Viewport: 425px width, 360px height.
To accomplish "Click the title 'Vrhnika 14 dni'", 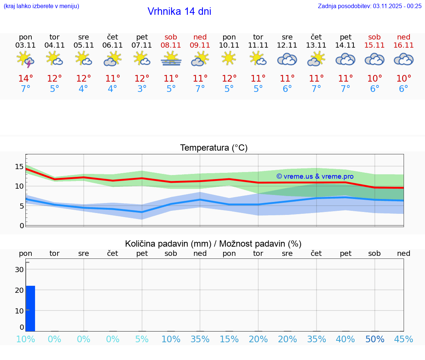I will click(x=179, y=11).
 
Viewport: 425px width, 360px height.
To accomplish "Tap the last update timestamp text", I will click(x=370, y=6).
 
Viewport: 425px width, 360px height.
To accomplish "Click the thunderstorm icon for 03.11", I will click(x=25, y=59).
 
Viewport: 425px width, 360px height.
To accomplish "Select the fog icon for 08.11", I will click(x=171, y=59).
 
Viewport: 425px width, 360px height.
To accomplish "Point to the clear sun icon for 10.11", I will click(x=229, y=58).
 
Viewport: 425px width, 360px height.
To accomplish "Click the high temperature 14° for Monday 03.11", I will click(x=25, y=79).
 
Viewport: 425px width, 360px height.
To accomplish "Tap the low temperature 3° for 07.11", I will click(x=142, y=89).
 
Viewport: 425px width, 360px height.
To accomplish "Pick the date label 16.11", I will click(x=404, y=45).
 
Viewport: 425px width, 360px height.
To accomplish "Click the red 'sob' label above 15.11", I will click(x=374, y=37).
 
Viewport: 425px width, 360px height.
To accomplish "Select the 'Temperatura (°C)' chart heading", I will click(x=214, y=148).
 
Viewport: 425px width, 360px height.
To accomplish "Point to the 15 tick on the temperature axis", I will click(x=19, y=167).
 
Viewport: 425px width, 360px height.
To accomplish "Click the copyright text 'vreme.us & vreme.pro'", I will click(x=315, y=176).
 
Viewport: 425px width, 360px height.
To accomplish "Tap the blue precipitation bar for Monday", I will click(x=30, y=308).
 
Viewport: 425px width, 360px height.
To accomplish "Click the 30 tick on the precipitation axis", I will click(x=19, y=270).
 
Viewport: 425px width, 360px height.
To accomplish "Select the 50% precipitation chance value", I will click(x=374, y=339).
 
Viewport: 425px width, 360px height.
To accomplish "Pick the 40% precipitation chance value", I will click(x=346, y=339).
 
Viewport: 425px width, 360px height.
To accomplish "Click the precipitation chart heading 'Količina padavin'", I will click(x=213, y=244).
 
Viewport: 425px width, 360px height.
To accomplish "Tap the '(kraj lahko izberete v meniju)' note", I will click(x=41, y=6).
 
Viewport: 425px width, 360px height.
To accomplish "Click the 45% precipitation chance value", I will click(x=404, y=339).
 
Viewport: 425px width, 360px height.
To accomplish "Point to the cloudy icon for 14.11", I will click(x=346, y=59).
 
